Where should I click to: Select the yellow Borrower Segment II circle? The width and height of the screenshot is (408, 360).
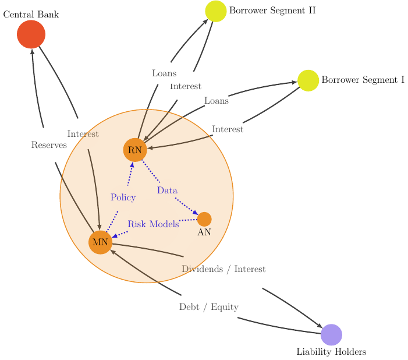(216, 11)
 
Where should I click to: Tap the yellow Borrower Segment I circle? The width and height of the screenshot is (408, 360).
(308, 80)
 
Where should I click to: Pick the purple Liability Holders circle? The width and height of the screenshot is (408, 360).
(331, 334)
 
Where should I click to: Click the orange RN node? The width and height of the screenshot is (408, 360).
(135, 150)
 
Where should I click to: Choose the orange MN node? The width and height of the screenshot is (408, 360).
(100, 242)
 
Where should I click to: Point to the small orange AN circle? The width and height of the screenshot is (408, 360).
(204, 219)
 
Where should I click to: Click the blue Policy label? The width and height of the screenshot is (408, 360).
(123, 197)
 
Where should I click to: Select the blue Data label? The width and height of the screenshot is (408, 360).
(167, 190)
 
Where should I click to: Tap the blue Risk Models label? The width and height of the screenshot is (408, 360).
(153, 224)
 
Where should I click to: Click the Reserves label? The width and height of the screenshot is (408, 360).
(49, 145)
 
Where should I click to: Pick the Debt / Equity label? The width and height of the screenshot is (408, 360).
(208, 307)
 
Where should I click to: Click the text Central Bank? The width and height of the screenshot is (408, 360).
(31, 14)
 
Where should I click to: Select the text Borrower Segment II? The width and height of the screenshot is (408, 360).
(272, 10)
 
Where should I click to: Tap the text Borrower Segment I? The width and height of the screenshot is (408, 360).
(363, 80)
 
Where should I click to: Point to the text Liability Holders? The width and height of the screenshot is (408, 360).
(331, 352)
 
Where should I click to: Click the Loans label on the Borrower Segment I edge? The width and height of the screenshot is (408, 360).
(217, 101)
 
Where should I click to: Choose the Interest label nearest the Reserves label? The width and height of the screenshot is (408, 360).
(83, 134)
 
